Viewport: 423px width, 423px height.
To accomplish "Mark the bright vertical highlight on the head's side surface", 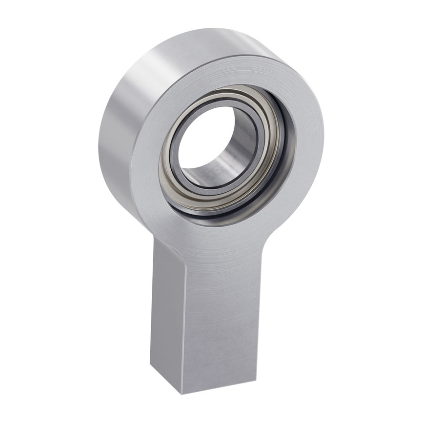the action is [x=146, y=73].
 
